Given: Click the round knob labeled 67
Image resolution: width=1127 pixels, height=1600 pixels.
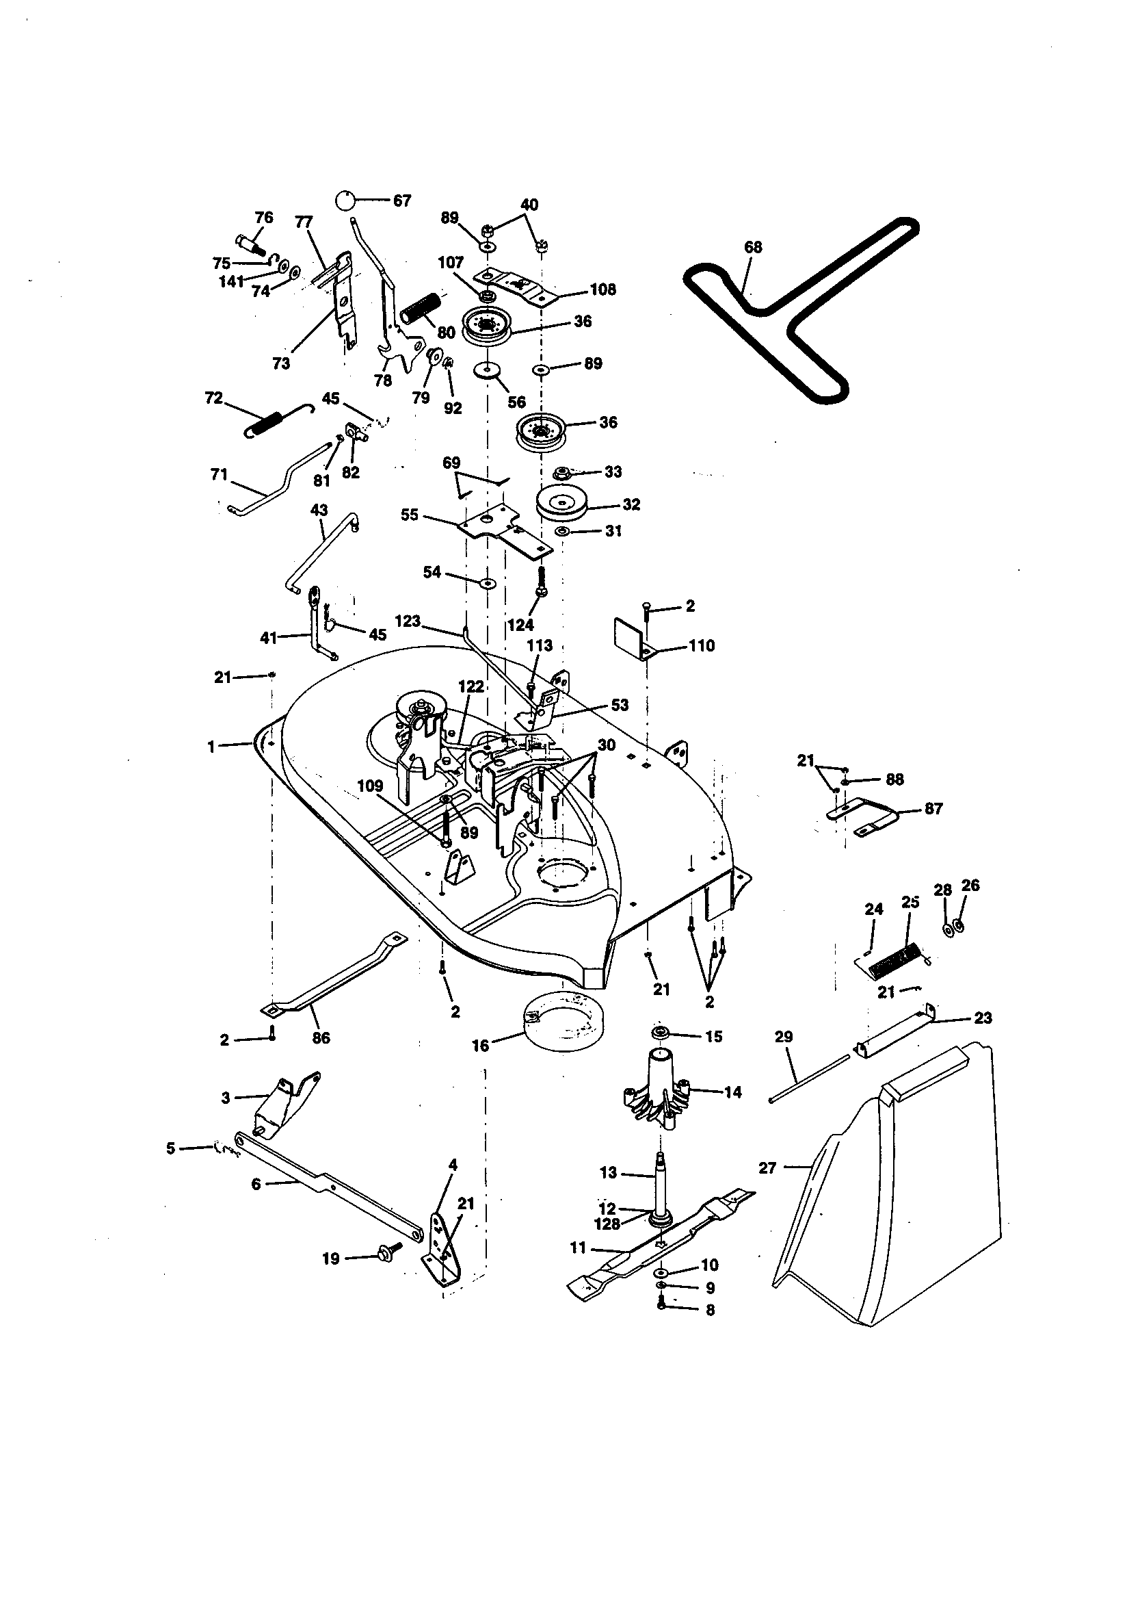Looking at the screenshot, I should pyautogui.click(x=345, y=200).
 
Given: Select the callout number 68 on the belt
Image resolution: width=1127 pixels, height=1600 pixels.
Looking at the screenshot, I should pyautogui.click(x=753, y=247).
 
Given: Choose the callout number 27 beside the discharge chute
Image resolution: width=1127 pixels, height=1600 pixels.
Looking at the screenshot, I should pyautogui.click(x=767, y=1168).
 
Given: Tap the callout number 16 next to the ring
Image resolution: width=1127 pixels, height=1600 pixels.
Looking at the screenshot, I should pyautogui.click(x=481, y=1045).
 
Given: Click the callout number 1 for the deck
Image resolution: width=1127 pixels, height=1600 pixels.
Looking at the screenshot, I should pyautogui.click(x=211, y=747).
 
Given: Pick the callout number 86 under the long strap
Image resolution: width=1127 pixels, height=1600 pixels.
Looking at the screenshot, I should pyautogui.click(x=321, y=1037).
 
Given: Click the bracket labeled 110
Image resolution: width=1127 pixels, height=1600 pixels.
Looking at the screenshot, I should pyautogui.click(x=629, y=637).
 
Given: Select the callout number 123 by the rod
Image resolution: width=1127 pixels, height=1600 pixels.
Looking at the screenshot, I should pyautogui.click(x=408, y=620).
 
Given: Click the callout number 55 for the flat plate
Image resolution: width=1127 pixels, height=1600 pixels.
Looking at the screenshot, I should pyautogui.click(x=410, y=515).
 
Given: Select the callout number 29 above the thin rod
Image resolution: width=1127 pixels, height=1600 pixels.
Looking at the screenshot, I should pyautogui.click(x=784, y=1037).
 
